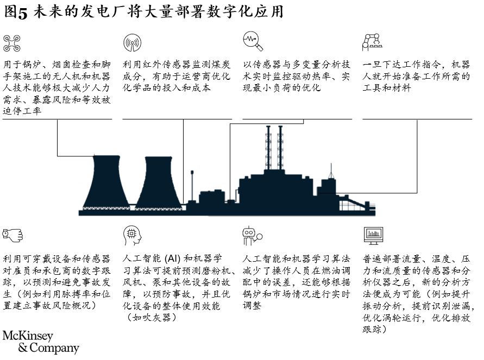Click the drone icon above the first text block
pos(12,43)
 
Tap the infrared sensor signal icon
pos(132,42)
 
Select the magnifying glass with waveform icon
pos(253,41)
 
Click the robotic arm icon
pos(372,42)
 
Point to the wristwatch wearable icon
pos(12,235)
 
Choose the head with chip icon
pos(133,235)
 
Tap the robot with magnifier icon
pos(252,236)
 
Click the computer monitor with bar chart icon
pos(373,236)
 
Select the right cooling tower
pos(159,184)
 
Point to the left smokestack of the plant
pos(268,148)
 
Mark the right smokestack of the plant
pos(280,148)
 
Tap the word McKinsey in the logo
pos(28,336)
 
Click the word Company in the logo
pos(54,348)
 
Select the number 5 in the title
pos(22,13)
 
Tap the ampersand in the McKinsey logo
pos(23,348)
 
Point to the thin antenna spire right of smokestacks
pos(331,171)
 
